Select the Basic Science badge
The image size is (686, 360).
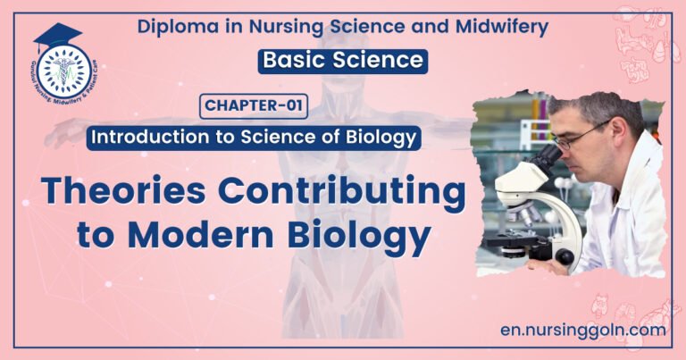[343, 60]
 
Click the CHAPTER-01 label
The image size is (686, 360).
[255, 107]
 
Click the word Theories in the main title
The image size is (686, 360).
[121, 194]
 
